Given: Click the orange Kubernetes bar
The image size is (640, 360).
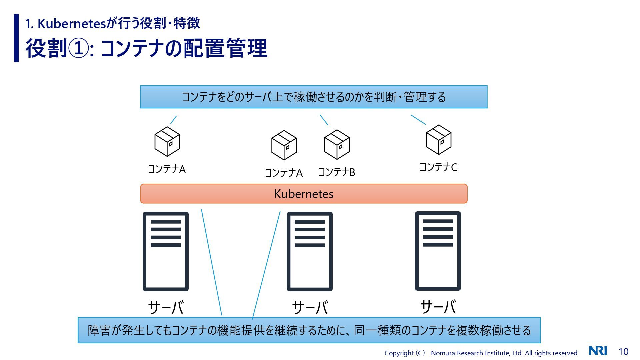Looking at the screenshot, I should pos(304,194).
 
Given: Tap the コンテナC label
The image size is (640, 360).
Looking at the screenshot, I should pos(438,167).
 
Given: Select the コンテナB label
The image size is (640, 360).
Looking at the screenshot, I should pos(336,172).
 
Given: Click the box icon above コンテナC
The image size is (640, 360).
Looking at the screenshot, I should pos(438,140).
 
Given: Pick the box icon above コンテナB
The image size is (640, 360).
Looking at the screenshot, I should pos(337,144).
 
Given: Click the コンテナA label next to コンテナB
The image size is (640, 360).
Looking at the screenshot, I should pos(283,173).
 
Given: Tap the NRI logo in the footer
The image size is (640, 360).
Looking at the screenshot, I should pos(598,351).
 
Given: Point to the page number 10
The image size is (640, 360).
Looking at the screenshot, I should pos(623,352).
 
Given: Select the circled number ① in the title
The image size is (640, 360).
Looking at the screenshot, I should pos(78,49).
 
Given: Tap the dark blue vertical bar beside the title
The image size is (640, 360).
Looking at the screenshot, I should pos(16,38).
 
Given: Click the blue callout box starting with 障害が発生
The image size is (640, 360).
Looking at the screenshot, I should pos(309,330).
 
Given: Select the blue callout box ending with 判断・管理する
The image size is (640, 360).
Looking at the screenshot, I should pos(313,97).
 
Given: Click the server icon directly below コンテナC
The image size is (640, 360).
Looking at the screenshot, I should pos(438,251).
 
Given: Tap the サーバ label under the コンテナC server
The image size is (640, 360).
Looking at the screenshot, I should pos(438,307).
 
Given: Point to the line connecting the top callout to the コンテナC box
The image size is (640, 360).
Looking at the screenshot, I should pos(418,120).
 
